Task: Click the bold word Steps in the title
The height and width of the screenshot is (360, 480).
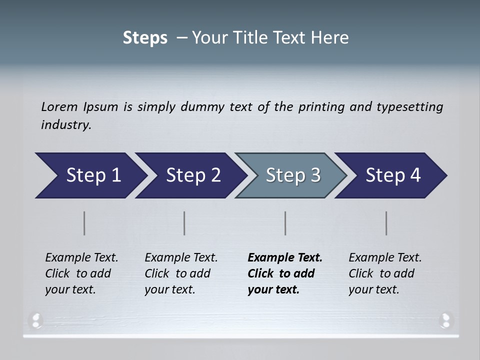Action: [145, 38]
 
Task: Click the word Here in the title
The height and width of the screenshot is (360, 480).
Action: [329, 38]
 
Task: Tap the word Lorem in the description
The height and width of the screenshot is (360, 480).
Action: [59, 106]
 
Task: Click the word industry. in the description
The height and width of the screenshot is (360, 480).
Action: [66, 124]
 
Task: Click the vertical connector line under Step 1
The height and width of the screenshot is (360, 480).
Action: [84, 223]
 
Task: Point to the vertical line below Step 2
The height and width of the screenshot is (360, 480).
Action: [184, 223]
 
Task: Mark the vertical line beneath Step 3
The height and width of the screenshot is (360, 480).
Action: [285, 223]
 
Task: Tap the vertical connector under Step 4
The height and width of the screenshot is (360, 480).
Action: [386, 223]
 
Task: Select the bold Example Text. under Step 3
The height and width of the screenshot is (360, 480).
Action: [285, 258]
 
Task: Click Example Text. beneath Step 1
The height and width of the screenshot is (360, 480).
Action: [81, 258]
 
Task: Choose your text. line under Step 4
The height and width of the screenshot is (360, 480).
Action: [373, 289]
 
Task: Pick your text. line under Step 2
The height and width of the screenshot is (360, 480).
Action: [169, 289]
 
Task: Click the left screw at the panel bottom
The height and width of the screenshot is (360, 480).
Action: [36, 319]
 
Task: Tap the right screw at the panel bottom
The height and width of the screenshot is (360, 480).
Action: [445, 319]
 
